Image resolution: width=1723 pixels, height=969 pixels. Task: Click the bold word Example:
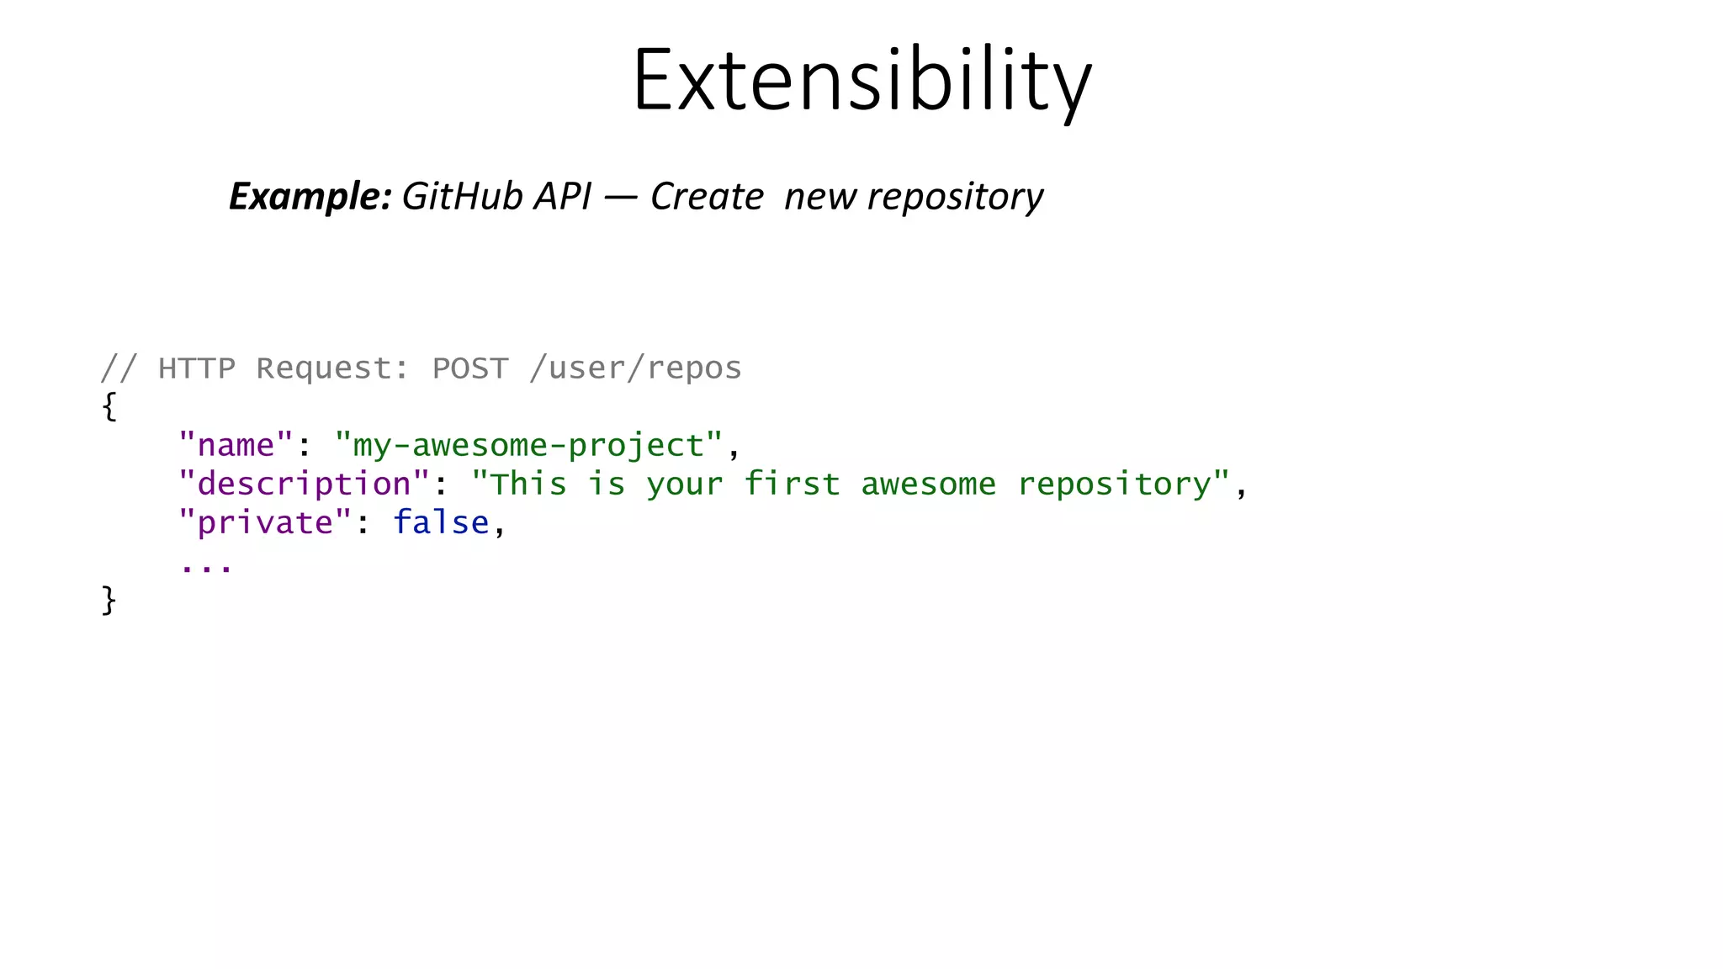[310, 197]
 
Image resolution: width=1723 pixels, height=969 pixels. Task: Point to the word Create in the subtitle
[707, 197]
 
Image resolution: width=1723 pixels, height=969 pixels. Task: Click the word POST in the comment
[470, 368]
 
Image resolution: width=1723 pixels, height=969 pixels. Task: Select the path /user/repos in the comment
[635, 368]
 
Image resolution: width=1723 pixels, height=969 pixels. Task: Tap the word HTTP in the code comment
[197, 368]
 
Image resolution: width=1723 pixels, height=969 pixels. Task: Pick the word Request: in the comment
[333, 368]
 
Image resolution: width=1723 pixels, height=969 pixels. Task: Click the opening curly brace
[109, 406]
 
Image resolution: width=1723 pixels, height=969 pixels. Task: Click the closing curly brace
[109, 601]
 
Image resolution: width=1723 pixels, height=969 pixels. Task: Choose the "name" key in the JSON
[236, 445]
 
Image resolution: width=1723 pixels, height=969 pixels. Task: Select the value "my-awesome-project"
[528, 446]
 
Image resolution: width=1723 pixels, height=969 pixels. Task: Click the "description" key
[304, 484]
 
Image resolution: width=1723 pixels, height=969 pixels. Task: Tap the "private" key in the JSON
[265, 523]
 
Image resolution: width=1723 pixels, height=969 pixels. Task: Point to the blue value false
[441, 523]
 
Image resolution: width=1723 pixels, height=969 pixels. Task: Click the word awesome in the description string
[928, 484]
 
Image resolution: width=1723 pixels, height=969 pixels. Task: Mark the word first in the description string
[792, 484]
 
